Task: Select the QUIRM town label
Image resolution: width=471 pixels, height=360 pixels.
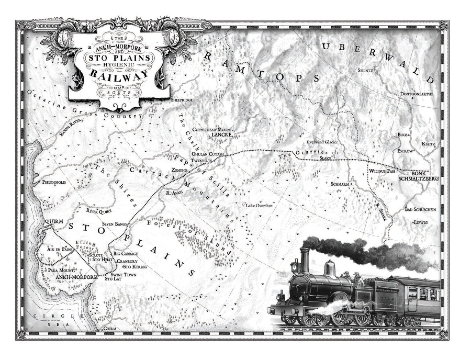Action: [x=53, y=221]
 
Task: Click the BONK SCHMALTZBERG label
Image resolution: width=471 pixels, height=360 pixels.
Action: [x=418, y=176]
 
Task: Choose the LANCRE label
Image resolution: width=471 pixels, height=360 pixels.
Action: [x=218, y=134]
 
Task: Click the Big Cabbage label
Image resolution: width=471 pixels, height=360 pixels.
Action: [x=125, y=254]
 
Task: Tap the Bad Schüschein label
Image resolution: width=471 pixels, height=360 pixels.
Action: [x=420, y=209]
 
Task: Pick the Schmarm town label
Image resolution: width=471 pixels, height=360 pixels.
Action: [x=340, y=184]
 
